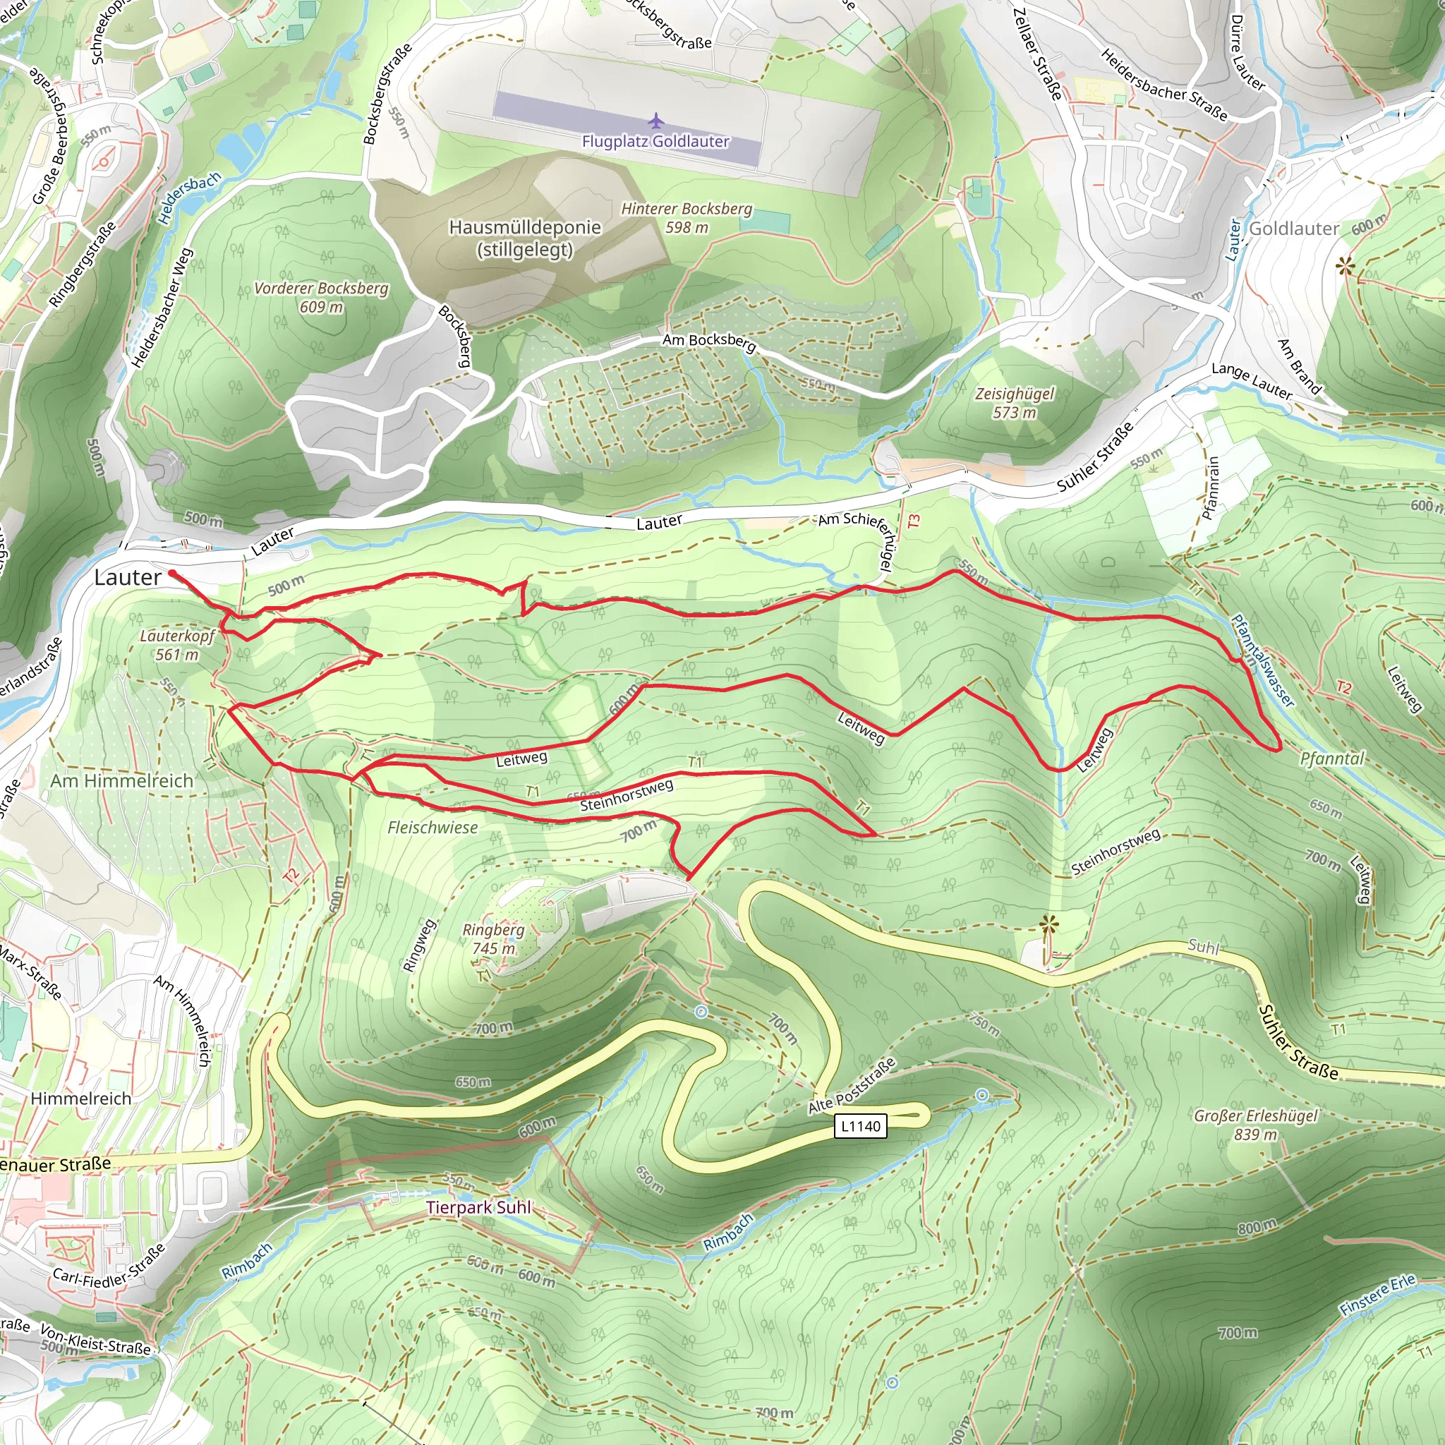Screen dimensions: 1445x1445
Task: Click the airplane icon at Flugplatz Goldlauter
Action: click(x=656, y=121)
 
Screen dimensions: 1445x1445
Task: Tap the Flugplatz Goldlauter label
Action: click(x=655, y=141)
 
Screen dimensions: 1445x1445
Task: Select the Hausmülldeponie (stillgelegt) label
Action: click(x=525, y=238)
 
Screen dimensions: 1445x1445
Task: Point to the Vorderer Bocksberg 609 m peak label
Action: click(x=322, y=297)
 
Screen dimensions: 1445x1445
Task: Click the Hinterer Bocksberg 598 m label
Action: click(x=687, y=217)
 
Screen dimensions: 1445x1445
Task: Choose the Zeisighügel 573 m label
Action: click(x=1014, y=403)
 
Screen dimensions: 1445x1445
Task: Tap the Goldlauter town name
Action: click(x=1294, y=229)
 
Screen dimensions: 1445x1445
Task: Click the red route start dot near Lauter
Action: click(x=173, y=574)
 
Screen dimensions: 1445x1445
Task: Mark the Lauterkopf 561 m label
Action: click(x=177, y=645)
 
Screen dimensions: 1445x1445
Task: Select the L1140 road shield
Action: click(x=860, y=1126)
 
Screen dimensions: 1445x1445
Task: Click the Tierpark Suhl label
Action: click(x=478, y=1207)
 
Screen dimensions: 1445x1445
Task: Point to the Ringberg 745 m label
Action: click(x=494, y=938)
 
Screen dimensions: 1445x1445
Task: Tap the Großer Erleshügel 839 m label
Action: click(x=1256, y=1125)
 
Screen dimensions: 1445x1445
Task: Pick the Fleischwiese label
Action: click(x=433, y=827)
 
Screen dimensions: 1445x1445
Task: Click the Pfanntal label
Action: click(x=1332, y=759)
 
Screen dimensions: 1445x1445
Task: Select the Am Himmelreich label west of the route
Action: click(x=122, y=781)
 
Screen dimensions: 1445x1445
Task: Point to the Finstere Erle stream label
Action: click(x=1378, y=1295)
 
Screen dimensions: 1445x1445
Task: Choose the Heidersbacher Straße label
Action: click(x=1163, y=84)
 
